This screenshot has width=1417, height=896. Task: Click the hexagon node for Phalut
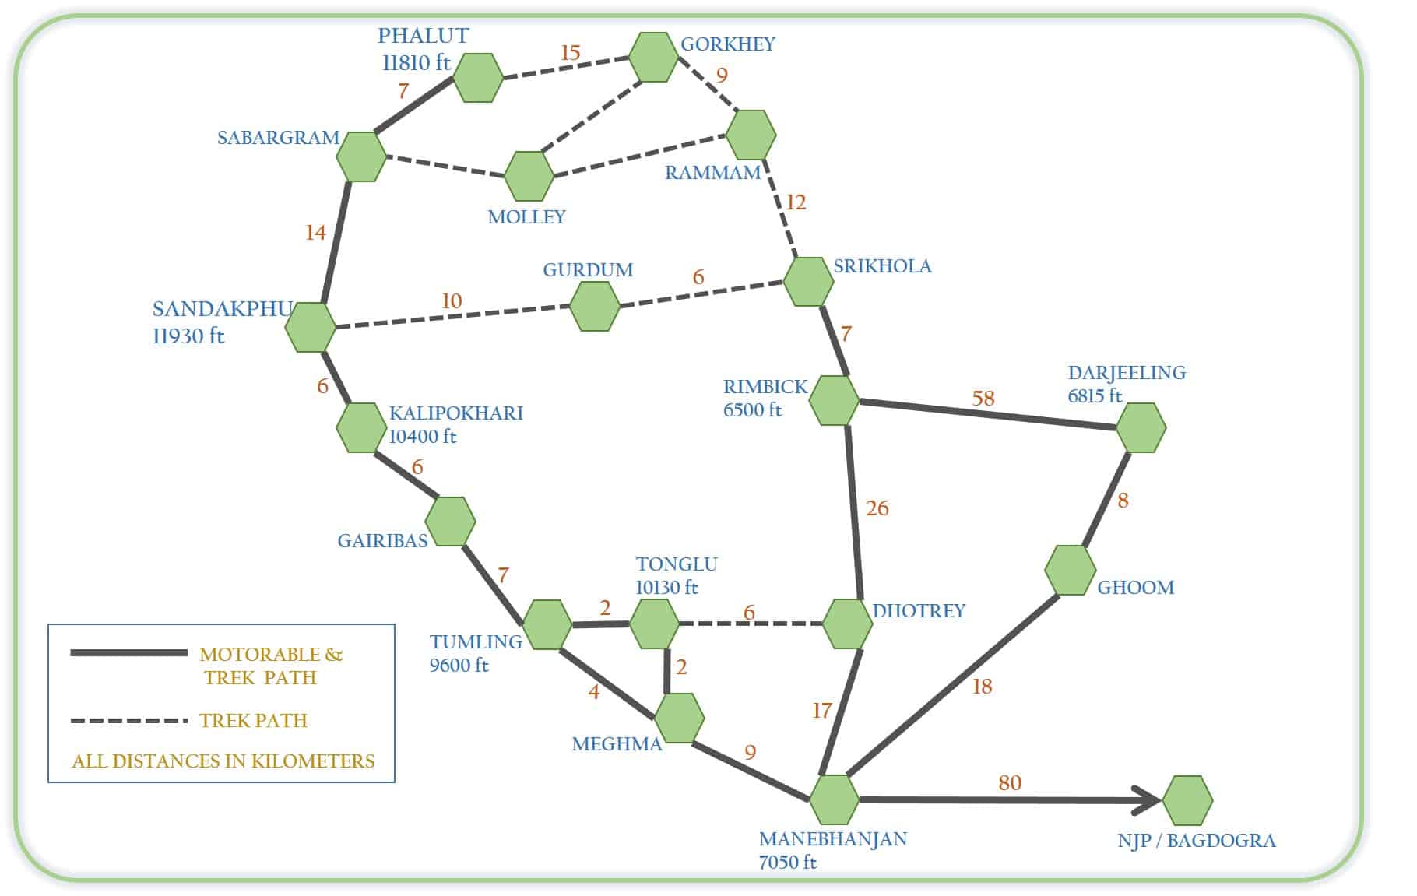[477, 78]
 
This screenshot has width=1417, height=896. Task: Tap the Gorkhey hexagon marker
[653, 57]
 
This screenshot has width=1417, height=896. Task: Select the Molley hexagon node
[529, 176]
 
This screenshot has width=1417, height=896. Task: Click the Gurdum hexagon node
[595, 306]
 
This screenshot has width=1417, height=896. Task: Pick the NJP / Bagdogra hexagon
[1187, 800]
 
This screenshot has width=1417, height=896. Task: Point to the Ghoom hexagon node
[1070, 571]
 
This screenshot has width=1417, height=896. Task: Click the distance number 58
[983, 399]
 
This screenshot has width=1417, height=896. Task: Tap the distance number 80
[1010, 782]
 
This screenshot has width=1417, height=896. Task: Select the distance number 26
[877, 508]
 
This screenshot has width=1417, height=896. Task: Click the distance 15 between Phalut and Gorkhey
[571, 53]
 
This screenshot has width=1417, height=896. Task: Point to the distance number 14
[315, 233]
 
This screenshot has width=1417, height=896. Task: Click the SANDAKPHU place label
[222, 309]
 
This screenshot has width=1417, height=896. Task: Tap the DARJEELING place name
[1127, 373]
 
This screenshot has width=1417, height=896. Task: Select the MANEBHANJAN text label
[833, 839]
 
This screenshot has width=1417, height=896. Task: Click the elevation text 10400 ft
[423, 437]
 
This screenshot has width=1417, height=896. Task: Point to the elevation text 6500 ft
[752, 410]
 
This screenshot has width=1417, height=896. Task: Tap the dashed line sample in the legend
[128, 721]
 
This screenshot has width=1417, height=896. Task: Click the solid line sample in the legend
[128, 653]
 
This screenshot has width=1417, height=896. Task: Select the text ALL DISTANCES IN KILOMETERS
[223, 761]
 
